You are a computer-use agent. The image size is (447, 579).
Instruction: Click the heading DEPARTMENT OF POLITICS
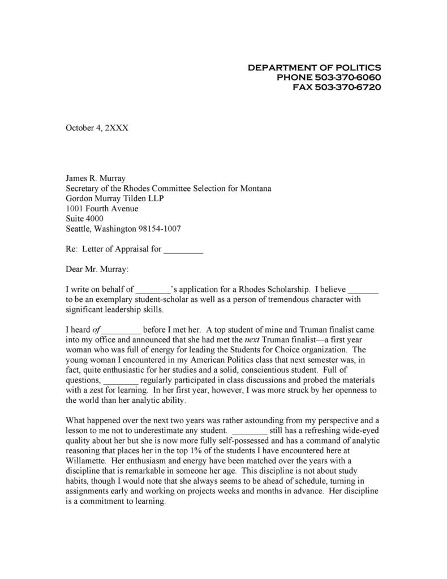[314, 67]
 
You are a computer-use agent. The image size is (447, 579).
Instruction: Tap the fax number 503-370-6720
[347, 87]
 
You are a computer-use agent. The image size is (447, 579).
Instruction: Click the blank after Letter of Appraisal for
[183, 249]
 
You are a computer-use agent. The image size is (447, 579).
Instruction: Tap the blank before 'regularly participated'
[121, 380]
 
